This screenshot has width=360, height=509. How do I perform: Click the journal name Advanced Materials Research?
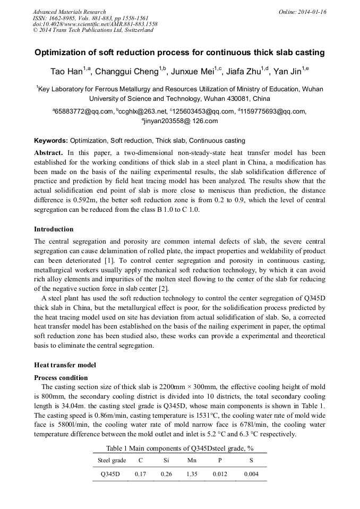[69, 12]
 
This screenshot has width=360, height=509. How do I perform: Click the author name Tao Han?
[64, 72]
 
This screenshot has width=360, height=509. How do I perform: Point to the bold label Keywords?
[51, 141]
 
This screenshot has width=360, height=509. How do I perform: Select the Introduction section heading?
[54, 229]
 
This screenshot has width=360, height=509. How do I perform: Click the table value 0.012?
[219, 474]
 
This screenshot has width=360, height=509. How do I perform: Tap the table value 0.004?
[251, 474]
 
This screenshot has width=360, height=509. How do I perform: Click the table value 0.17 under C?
[140, 474]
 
